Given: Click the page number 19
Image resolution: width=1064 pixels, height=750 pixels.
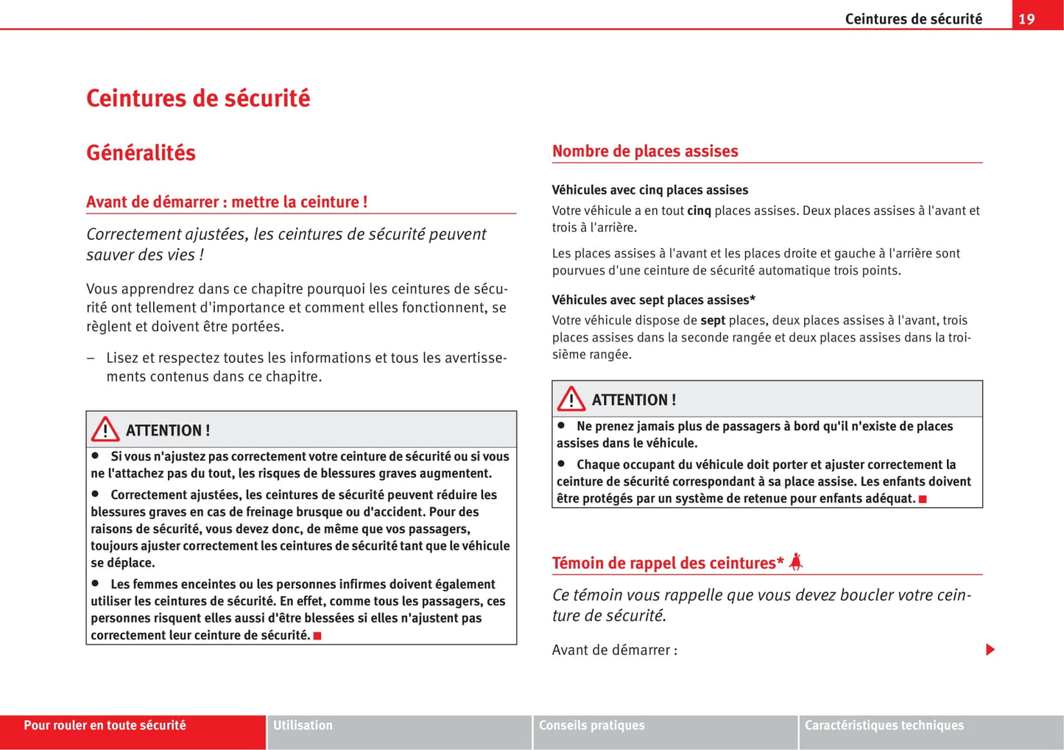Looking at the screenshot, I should pyautogui.click(x=1026, y=19).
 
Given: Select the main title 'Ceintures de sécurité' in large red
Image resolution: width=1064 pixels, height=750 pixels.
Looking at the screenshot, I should pyautogui.click(x=198, y=99).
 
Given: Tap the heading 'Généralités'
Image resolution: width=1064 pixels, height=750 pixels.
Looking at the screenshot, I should pyautogui.click(x=141, y=153).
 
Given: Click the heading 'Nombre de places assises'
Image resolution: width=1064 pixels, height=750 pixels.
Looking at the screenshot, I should pyautogui.click(x=644, y=152).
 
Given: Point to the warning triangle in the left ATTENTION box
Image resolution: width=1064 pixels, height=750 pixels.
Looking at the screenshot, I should pyautogui.click(x=105, y=429).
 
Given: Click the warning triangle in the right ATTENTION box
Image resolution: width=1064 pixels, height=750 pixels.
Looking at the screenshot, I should pyautogui.click(x=571, y=399).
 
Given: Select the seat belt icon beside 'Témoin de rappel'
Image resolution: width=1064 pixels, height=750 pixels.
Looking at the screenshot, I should pyautogui.click(x=795, y=562).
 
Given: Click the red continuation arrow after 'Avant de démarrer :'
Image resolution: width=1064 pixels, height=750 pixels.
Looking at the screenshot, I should pyautogui.click(x=990, y=649).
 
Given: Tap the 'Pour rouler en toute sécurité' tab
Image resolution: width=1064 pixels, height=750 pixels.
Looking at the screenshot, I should pyautogui.click(x=105, y=726).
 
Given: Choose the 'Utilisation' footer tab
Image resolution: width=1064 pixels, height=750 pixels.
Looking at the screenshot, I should pyautogui.click(x=303, y=726).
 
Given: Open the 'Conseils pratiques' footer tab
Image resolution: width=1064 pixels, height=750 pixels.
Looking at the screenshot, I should pyautogui.click(x=591, y=726).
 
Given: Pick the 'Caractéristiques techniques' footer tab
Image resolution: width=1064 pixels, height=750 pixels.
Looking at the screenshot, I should pyautogui.click(x=884, y=726).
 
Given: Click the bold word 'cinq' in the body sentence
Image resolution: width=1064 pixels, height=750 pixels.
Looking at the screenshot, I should pyautogui.click(x=699, y=211).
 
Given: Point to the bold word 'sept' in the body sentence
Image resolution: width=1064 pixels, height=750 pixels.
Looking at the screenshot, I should pyautogui.click(x=713, y=321).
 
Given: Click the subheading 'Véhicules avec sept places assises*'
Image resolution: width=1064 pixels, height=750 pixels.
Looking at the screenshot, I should pyautogui.click(x=653, y=300).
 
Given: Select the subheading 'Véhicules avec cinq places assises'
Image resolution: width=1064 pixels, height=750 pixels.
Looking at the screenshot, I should pyautogui.click(x=649, y=190).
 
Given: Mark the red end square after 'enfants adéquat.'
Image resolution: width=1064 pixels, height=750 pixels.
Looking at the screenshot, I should pyautogui.click(x=923, y=499).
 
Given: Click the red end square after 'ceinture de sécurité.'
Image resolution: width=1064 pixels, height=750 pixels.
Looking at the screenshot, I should pyautogui.click(x=317, y=636).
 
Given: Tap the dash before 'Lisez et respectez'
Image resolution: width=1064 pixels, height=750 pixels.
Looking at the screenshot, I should pyautogui.click(x=91, y=358).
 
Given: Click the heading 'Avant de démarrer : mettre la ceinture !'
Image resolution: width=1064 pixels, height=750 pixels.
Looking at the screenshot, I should pyautogui.click(x=227, y=202).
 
